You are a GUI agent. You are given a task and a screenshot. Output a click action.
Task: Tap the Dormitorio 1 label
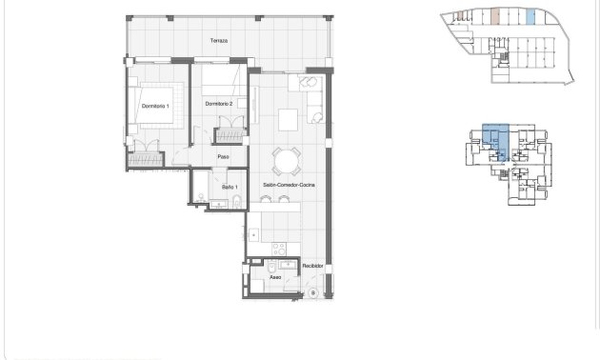[x=154, y=105]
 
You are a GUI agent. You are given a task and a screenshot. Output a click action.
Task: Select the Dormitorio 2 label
[x=220, y=103]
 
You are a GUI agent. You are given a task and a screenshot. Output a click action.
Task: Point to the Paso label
[x=224, y=157]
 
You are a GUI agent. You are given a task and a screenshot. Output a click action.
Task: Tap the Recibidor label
[x=313, y=266]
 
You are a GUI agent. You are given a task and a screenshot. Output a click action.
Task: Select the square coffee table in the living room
[x=287, y=119]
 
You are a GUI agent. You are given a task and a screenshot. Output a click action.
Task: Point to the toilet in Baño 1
[x=203, y=197]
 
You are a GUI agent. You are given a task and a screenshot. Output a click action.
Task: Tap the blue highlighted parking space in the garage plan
[x=530, y=16]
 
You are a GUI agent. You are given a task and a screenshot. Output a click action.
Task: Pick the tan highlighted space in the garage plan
[x=495, y=16]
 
